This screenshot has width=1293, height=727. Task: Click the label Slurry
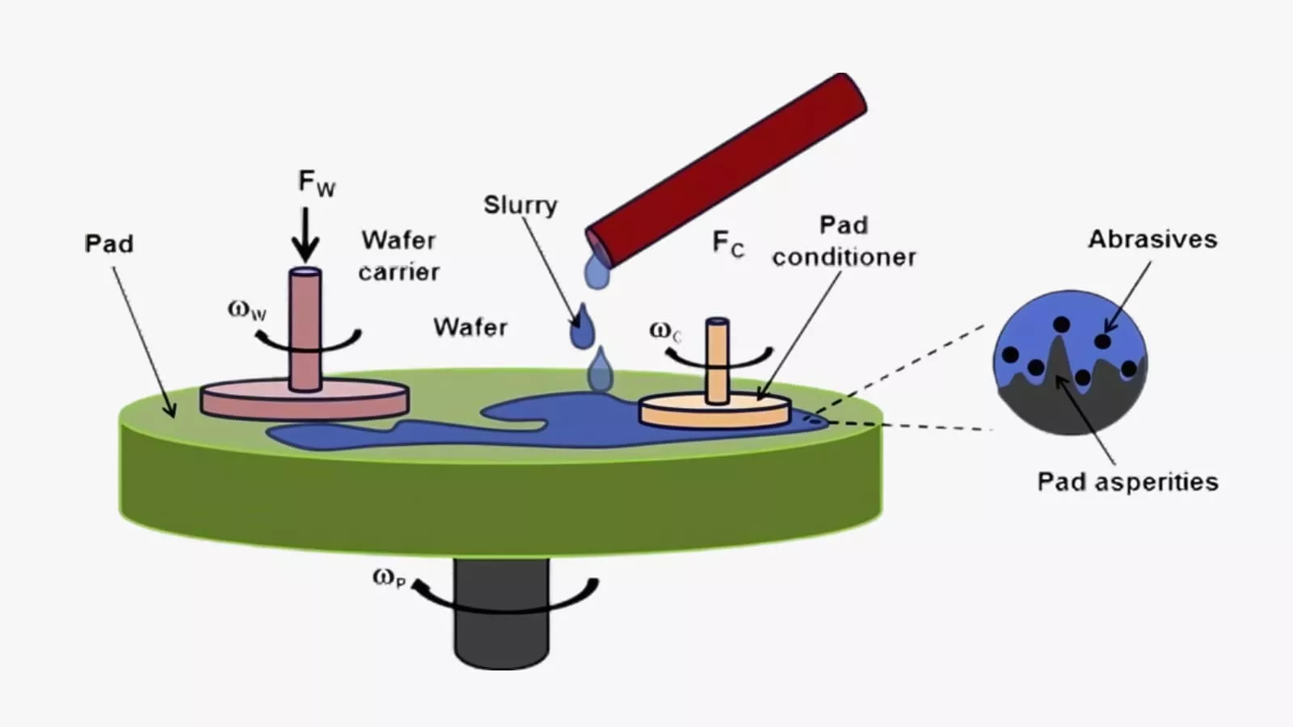[520, 205]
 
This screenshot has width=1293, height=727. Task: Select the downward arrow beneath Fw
[305, 235]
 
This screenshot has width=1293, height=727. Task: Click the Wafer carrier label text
[398, 255]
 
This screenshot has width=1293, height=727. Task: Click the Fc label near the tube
[727, 243]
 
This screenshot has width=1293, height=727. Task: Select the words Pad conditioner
[844, 241]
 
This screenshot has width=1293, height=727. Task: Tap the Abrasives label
[1152, 239]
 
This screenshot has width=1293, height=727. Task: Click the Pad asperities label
[1127, 482]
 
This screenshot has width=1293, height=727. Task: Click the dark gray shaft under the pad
[501, 622]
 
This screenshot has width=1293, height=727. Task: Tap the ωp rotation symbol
[389, 578]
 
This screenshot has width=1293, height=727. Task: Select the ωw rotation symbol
[246, 309]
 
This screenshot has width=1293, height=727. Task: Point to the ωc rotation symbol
[665, 330]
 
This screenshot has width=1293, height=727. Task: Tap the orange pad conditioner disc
[714, 412]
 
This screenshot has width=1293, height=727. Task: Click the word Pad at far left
[109, 244]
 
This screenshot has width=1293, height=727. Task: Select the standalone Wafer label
[470, 327]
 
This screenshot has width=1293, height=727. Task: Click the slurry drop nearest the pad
[599, 371]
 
